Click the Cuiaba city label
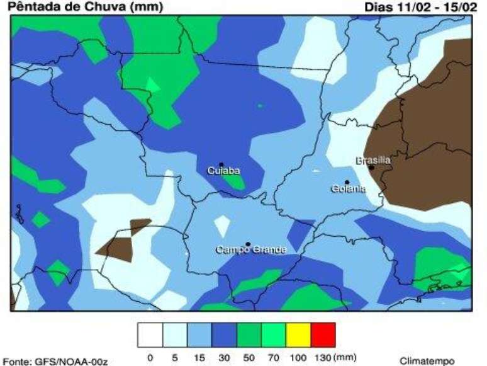click(224, 171)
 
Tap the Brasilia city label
click(373, 161)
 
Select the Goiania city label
click(348, 189)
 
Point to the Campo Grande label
click(251, 250)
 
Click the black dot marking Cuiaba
click(221, 164)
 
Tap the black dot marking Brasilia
click(372, 168)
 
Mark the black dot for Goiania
click(347, 182)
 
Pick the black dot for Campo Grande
click(248, 244)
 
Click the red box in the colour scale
click(323, 334)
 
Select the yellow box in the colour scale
click(298, 334)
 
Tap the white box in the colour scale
click(150, 334)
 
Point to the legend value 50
click(248, 358)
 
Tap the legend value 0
click(150, 358)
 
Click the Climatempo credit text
click(427, 361)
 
